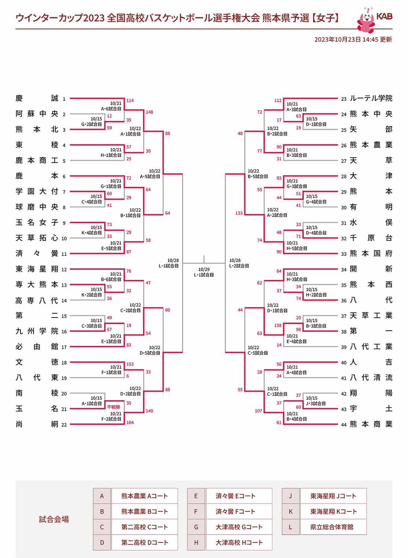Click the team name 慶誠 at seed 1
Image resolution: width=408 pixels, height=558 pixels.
pyautogui.click(x=37, y=98)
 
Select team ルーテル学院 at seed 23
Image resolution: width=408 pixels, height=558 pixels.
pyautogui.click(x=371, y=98)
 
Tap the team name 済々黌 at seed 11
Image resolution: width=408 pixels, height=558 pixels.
pyautogui.click(x=37, y=253)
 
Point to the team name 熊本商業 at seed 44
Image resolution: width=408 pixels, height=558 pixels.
pyautogui.click(x=371, y=424)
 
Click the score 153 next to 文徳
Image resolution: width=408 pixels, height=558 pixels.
pyautogui.click(x=130, y=364)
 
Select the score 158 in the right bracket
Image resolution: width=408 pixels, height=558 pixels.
pyautogui.click(x=278, y=325)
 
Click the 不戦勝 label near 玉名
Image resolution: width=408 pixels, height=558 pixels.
pyautogui.click(x=114, y=407)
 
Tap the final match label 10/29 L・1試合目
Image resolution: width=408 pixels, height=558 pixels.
pyautogui.click(x=204, y=272)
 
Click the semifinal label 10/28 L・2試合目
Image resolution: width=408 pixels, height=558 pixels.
pyautogui.click(x=239, y=263)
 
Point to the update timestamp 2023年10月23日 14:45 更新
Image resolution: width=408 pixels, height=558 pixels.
pyautogui.click(x=353, y=39)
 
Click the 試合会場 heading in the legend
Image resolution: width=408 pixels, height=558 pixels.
pyautogui.click(x=54, y=519)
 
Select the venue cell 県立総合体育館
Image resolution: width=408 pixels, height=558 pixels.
pyautogui.click(x=333, y=527)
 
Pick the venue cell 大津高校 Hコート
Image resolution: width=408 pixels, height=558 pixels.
pyautogui.click(x=239, y=542)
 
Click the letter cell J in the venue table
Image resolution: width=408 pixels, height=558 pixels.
pyautogui.click(x=291, y=496)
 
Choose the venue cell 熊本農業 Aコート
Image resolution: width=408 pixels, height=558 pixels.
pyautogui.click(x=145, y=496)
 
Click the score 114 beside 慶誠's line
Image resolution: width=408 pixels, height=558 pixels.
pyautogui.click(x=130, y=100)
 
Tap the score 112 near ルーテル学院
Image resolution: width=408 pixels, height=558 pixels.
pyautogui.click(x=278, y=100)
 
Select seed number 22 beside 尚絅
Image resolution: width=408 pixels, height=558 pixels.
pyautogui.click(x=64, y=424)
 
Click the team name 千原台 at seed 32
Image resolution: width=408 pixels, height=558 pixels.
pyautogui.click(x=371, y=238)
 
